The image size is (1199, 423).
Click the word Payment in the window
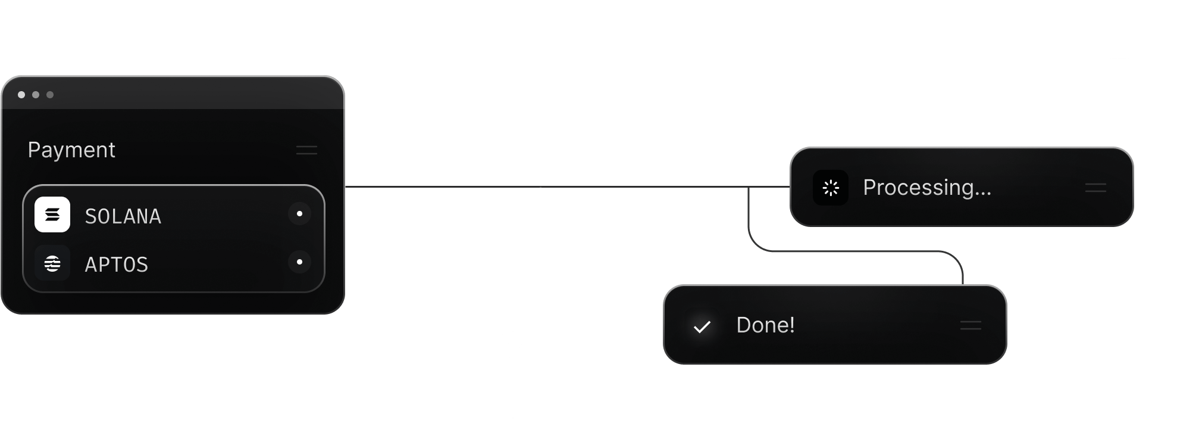[71, 150]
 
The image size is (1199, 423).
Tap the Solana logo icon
[52, 214]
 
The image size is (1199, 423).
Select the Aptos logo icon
[52, 263]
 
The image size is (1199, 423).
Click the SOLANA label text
[123, 216]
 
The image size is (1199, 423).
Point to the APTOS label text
[116, 265]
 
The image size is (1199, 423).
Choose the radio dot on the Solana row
[299, 213]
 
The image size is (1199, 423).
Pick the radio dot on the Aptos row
[299, 262]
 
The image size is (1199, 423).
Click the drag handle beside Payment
[306, 150]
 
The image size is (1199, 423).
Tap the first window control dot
[21, 95]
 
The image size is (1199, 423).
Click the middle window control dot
[36, 95]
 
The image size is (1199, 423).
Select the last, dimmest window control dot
[50, 95]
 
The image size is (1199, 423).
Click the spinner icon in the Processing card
[831, 188]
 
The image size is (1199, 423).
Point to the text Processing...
[926, 188]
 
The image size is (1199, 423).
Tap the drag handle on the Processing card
[1095, 188]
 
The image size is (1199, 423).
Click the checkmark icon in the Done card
[702, 326]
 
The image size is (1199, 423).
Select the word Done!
[765, 325]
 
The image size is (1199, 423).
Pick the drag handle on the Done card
[971, 326]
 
